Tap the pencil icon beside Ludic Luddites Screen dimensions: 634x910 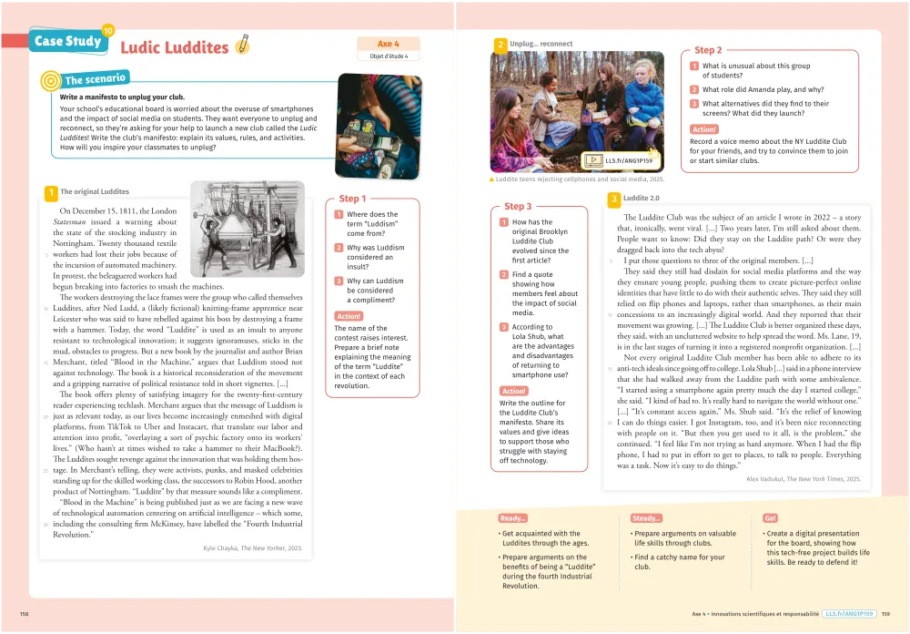(242, 44)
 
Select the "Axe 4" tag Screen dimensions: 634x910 (389, 43)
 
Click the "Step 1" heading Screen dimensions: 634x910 (352, 199)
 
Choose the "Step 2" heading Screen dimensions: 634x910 (708, 50)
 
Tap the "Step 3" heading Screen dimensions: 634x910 (518, 207)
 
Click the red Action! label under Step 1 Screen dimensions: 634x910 (349, 316)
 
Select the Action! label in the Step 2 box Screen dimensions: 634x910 (704, 129)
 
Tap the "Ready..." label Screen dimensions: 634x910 (513, 517)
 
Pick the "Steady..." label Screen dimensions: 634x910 (647, 517)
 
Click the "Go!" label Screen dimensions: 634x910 (771, 517)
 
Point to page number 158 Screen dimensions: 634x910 (25, 614)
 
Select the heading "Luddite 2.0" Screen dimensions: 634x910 (642, 198)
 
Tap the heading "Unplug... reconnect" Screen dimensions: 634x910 (541, 43)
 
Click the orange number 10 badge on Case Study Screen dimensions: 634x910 (108, 31)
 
